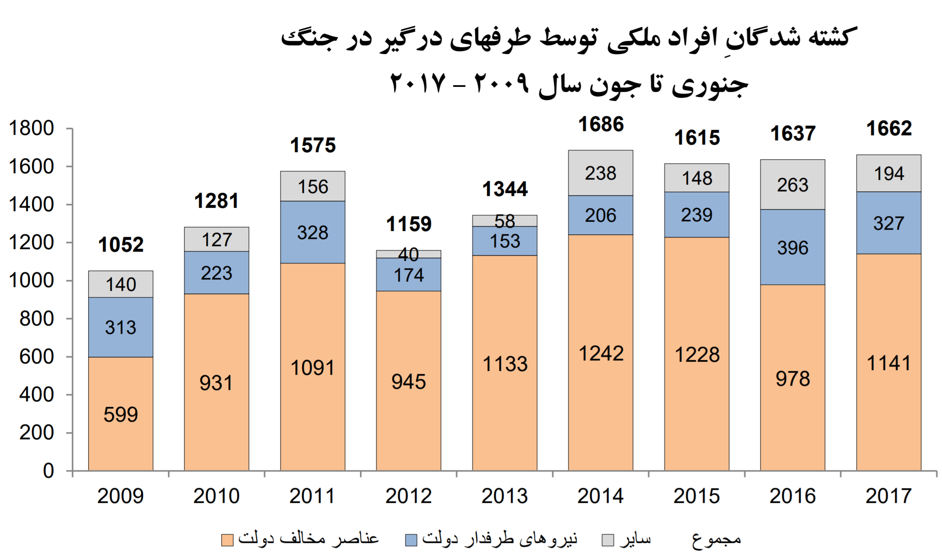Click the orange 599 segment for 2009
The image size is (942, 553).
121,413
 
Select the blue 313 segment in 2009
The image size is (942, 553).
121,327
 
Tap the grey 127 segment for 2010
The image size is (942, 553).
216,239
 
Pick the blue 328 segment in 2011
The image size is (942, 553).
313,232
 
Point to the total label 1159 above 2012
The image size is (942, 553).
409,224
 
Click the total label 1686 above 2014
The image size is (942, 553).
601,124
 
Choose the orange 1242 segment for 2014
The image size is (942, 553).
601,352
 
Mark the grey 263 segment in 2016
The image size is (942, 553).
793,185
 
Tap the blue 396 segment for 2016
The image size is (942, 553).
793,247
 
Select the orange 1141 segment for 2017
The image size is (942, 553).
888,362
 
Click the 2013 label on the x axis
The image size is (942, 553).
505,496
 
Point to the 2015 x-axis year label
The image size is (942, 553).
696,496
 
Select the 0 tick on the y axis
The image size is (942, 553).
49,471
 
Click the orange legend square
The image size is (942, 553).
227,540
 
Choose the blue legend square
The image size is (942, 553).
411,540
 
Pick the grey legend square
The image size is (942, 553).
608,540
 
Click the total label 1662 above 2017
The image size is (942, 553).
889,129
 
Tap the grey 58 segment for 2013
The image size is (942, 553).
505,220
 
